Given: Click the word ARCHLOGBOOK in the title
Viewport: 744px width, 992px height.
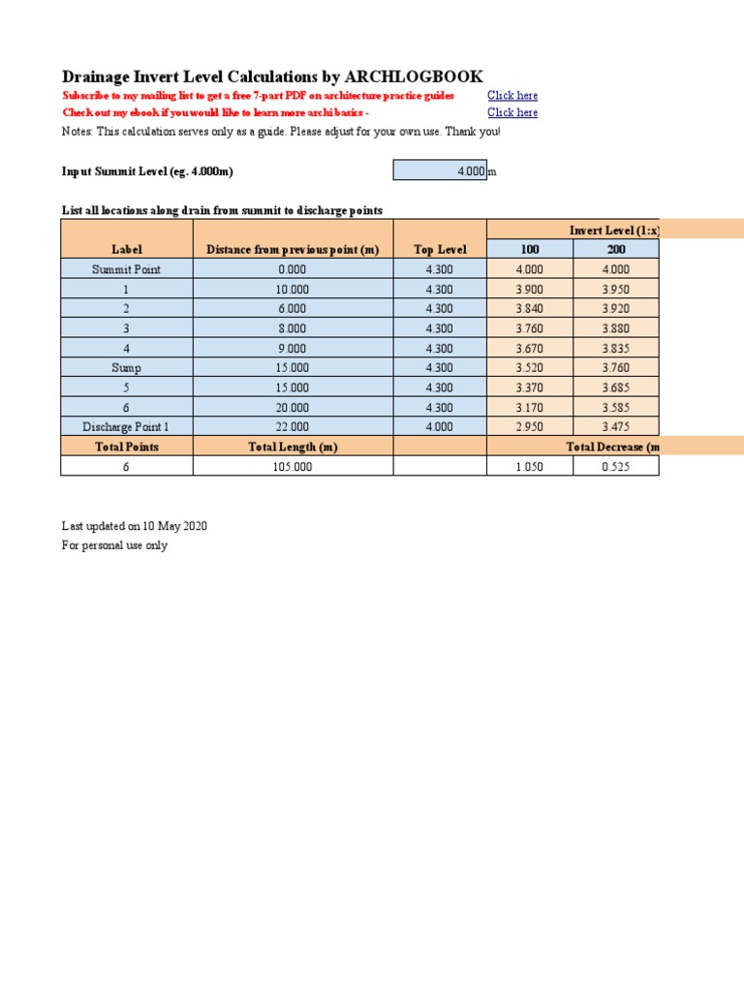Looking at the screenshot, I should (414, 77).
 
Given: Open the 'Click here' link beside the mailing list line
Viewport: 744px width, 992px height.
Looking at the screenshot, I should (512, 95).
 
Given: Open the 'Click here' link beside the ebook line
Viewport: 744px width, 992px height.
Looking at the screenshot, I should (512, 112).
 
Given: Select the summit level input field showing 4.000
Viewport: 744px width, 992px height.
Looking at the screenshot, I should (440, 170).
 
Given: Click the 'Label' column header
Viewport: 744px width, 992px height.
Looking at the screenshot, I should (127, 249).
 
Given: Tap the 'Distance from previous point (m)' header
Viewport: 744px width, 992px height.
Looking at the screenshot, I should (293, 249).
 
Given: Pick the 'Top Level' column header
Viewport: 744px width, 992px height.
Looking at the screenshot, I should (440, 249).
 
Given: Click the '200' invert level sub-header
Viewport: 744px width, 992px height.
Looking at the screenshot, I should (616, 249).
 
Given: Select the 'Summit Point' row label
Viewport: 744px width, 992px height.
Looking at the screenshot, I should (127, 269).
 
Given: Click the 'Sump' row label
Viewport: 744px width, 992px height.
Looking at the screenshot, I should (127, 367).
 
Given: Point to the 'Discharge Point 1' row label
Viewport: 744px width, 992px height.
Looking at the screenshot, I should (127, 426).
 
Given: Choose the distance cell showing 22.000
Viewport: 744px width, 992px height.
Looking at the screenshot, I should (293, 426).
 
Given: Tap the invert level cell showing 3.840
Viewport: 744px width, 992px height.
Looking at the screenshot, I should (530, 309).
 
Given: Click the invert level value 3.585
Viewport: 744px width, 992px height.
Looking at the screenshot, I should (616, 407).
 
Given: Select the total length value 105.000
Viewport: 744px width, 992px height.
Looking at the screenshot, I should (293, 466).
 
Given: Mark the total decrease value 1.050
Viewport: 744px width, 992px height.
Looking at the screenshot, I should (530, 466).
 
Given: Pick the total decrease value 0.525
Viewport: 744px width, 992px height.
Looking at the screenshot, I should (616, 466).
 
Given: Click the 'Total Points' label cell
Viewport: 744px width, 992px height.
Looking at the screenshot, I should (127, 447).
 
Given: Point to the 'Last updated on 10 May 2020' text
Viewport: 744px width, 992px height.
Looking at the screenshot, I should (135, 526).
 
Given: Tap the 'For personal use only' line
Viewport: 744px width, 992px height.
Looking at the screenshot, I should (114, 545).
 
